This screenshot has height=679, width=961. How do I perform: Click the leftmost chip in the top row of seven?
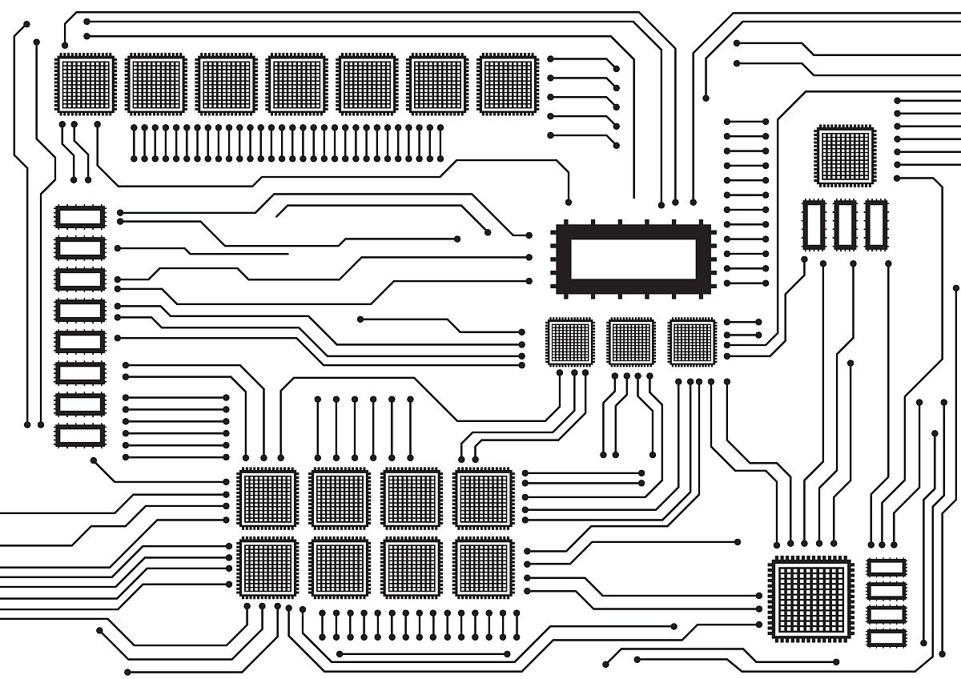pyautogui.click(x=86, y=84)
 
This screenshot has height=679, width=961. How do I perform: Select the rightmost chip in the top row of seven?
pyautogui.click(x=508, y=84)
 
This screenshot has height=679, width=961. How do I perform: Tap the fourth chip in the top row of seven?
pyautogui.click(x=296, y=84)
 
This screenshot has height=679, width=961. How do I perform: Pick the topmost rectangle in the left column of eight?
pyautogui.click(x=80, y=216)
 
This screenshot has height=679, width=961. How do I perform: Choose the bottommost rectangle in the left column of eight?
pyautogui.click(x=80, y=435)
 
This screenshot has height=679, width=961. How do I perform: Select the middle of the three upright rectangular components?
pyautogui.click(x=845, y=224)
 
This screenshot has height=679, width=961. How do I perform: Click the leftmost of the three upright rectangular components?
pyautogui.click(x=814, y=224)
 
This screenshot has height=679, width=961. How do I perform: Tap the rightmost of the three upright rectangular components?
pyautogui.click(x=876, y=224)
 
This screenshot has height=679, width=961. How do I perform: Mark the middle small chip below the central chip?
pyautogui.click(x=631, y=342)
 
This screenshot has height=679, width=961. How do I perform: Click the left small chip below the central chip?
pyautogui.click(x=570, y=342)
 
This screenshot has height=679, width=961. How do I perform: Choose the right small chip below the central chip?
pyautogui.click(x=692, y=342)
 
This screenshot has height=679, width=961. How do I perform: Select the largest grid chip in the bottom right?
pyautogui.click(x=810, y=598)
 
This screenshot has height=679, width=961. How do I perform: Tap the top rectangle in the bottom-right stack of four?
pyautogui.click(x=887, y=568)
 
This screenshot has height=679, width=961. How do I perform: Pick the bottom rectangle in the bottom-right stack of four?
pyautogui.click(x=887, y=637)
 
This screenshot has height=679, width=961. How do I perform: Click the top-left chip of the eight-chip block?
pyautogui.click(x=267, y=498)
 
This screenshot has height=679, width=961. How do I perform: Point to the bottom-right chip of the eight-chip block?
pyautogui.click(x=484, y=568)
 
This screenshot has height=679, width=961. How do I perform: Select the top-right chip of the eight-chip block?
pyautogui.click(x=484, y=498)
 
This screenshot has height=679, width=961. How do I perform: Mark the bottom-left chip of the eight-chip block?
pyautogui.click(x=267, y=568)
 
